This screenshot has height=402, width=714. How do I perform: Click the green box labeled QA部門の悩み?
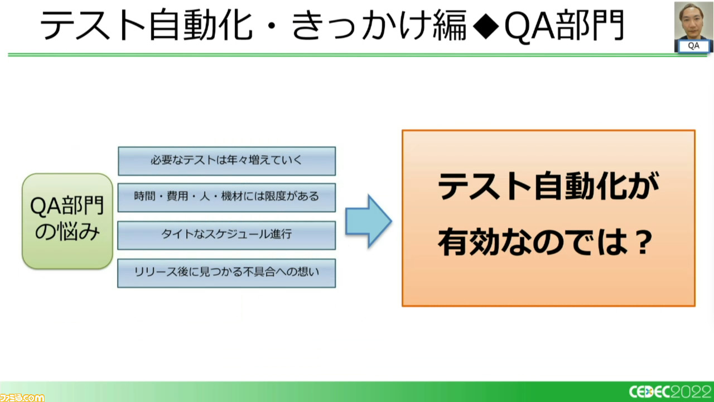[x=67, y=221]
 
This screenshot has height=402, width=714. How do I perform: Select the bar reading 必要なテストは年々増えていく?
[x=226, y=161]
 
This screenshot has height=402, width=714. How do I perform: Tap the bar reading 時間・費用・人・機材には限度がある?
[x=226, y=198]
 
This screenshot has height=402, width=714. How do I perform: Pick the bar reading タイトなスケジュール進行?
[x=226, y=235]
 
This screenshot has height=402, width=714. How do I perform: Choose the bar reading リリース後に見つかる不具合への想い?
[x=226, y=273]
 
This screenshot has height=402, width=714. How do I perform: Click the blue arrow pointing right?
[x=369, y=221]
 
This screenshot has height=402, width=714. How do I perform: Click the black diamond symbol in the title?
[x=486, y=26]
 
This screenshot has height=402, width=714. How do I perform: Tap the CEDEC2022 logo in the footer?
[x=670, y=391]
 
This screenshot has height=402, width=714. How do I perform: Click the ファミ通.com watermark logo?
[x=22, y=397]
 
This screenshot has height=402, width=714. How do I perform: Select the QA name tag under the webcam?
[x=693, y=46]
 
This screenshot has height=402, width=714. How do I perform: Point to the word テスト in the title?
[x=93, y=26]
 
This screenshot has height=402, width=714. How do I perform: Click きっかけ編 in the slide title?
[x=379, y=26]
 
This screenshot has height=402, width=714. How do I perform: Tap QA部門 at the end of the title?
[x=564, y=26]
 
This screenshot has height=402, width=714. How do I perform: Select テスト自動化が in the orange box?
[x=548, y=186]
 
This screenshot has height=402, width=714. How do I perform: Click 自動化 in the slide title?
[x=201, y=26]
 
